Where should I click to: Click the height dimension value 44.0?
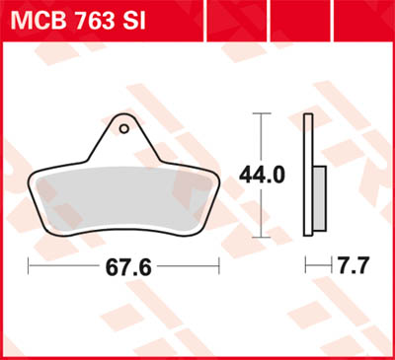tap(261, 176)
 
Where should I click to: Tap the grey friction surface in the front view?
tap(123, 197)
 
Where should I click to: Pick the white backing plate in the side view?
tap(310, 178)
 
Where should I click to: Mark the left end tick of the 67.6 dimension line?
tap(30, 267)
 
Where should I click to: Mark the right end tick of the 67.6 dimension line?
tap(217, 267)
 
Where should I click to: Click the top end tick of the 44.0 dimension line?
tap(261, 114)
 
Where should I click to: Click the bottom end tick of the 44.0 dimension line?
tap(261, 238)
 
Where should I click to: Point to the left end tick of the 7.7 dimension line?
tap(306, 267)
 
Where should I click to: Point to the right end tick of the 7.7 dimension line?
tap(326, 267)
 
